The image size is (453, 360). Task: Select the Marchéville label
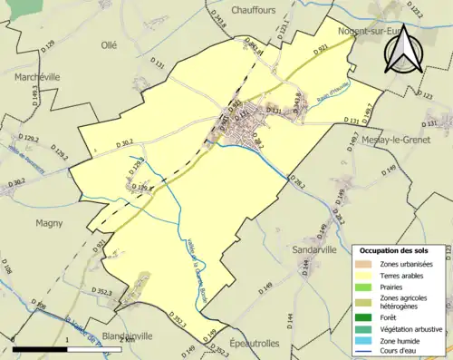click(36, 77)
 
